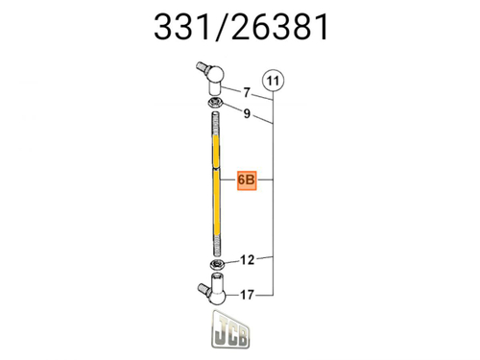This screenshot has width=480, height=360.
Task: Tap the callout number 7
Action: (246, 93)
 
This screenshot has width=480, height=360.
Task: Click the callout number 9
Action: (246, 114)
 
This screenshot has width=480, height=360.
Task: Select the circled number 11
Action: (274, 82)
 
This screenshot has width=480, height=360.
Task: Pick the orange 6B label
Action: (246, 180)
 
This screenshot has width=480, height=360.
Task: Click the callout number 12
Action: (247, 259)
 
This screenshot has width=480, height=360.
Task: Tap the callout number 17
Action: (247, 296)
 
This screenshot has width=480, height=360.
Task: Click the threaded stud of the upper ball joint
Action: (200, 67)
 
